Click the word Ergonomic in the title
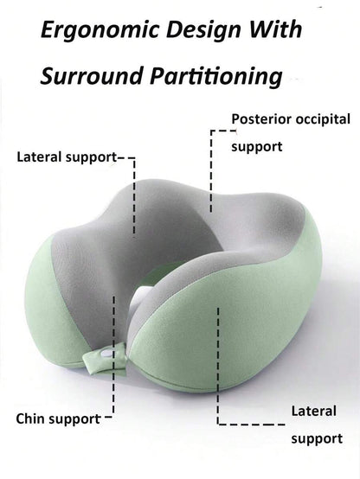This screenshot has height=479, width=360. [x=100, y=31]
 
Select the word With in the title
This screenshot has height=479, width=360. [x=275, y=29]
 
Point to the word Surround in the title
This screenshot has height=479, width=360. [x=92, y=75]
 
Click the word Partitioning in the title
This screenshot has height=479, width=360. [x=216, y=77]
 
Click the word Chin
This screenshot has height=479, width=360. [x=29, y=418]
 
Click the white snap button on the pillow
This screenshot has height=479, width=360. [x=106, y=354]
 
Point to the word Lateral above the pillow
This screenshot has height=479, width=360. [x=39, y=157]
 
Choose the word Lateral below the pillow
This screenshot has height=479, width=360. [x=314, y=411]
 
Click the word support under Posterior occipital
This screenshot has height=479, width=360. [x=257, y=148]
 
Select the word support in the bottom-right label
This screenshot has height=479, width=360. [x=317, y=439]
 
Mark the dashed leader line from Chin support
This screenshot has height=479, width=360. [x=113, y=354]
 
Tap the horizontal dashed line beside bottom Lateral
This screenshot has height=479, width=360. [x=252, y=424]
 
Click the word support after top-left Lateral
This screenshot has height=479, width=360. [x=91, y=158]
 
